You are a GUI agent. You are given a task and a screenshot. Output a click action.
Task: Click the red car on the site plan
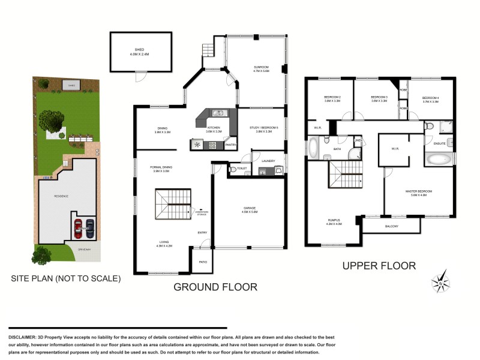[x=77, y=229]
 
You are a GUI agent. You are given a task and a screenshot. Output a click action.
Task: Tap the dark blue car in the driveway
[x=90, y=228]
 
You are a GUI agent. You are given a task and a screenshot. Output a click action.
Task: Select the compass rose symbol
[x=441, y=283]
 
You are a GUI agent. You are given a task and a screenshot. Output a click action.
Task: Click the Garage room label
[x=249, y=210]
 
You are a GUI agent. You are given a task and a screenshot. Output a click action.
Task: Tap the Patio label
[x=203, y=262]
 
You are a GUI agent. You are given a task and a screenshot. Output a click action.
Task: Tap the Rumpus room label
[x=334, y=222]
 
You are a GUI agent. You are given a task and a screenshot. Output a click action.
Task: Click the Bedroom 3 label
[x=379, y=99]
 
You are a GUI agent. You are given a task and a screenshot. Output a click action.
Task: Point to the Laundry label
[x=268, y=160]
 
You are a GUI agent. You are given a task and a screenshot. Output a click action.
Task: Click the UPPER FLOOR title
[x=378, y=265]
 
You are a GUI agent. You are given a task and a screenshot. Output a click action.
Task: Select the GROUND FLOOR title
[x=215, y=287]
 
